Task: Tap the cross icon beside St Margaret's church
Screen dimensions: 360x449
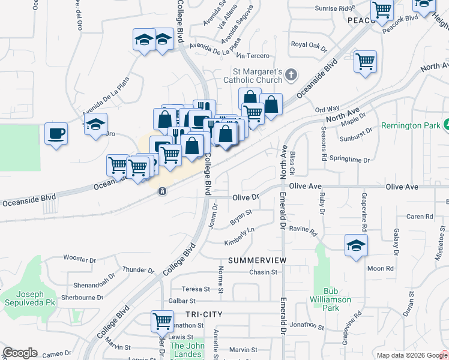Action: point(291,75)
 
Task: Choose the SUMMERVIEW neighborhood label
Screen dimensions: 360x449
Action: point(257,260)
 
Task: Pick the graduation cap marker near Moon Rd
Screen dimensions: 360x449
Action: point(356,245)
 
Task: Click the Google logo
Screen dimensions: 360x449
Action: point(20,353)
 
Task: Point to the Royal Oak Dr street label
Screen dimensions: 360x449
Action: point(309,44)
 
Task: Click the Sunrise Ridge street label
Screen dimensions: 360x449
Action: point(336,9)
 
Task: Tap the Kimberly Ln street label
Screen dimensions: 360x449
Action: point(240,236)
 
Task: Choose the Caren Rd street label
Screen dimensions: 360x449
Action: point(420,217)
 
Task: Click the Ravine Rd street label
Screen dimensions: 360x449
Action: point(302,229)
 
